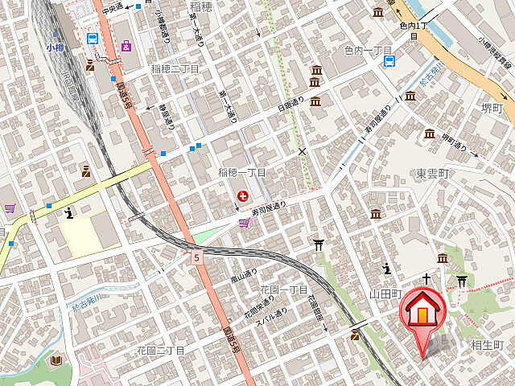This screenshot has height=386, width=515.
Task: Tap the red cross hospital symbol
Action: tap(242, 195)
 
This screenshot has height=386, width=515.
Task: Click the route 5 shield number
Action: tap(196, 257)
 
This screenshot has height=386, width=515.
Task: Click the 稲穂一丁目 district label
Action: tap(241, 174)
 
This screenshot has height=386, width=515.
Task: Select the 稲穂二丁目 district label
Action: tap(175, 69)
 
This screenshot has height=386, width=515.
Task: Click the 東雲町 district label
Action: tap(432, 174)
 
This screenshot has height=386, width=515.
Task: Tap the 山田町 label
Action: tap(385, 294)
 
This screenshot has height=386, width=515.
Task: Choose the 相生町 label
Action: tap(487, 345)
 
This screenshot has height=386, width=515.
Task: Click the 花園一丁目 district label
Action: tap(283, 289)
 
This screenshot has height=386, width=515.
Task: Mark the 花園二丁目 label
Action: tap(160, 351)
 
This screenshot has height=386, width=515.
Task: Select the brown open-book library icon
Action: tap(56, 360)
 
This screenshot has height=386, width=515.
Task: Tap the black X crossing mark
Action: tap(303, 150)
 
